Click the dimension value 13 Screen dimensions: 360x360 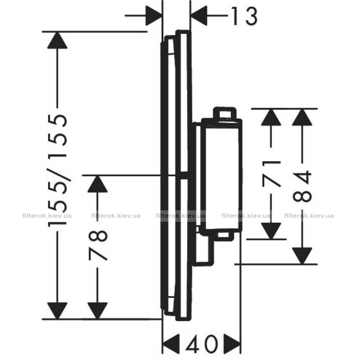point(244,16)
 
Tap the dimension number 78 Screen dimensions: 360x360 point(98,245)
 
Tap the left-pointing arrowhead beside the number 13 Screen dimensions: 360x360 point(199,15)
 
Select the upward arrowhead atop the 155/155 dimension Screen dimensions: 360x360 point(57,40)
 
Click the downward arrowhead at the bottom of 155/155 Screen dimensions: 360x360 point(57,311)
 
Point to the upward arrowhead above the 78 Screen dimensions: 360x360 point(98,184)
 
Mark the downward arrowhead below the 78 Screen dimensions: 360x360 point(98,311)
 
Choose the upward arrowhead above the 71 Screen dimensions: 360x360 point(271,117)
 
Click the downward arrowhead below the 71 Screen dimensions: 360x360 point(271,231)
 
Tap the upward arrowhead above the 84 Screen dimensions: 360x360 point(302,117)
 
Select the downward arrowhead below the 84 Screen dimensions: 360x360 point(302,256)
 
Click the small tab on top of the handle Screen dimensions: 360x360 point(225,113)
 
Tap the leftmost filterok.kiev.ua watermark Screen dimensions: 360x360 point(47,216)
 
